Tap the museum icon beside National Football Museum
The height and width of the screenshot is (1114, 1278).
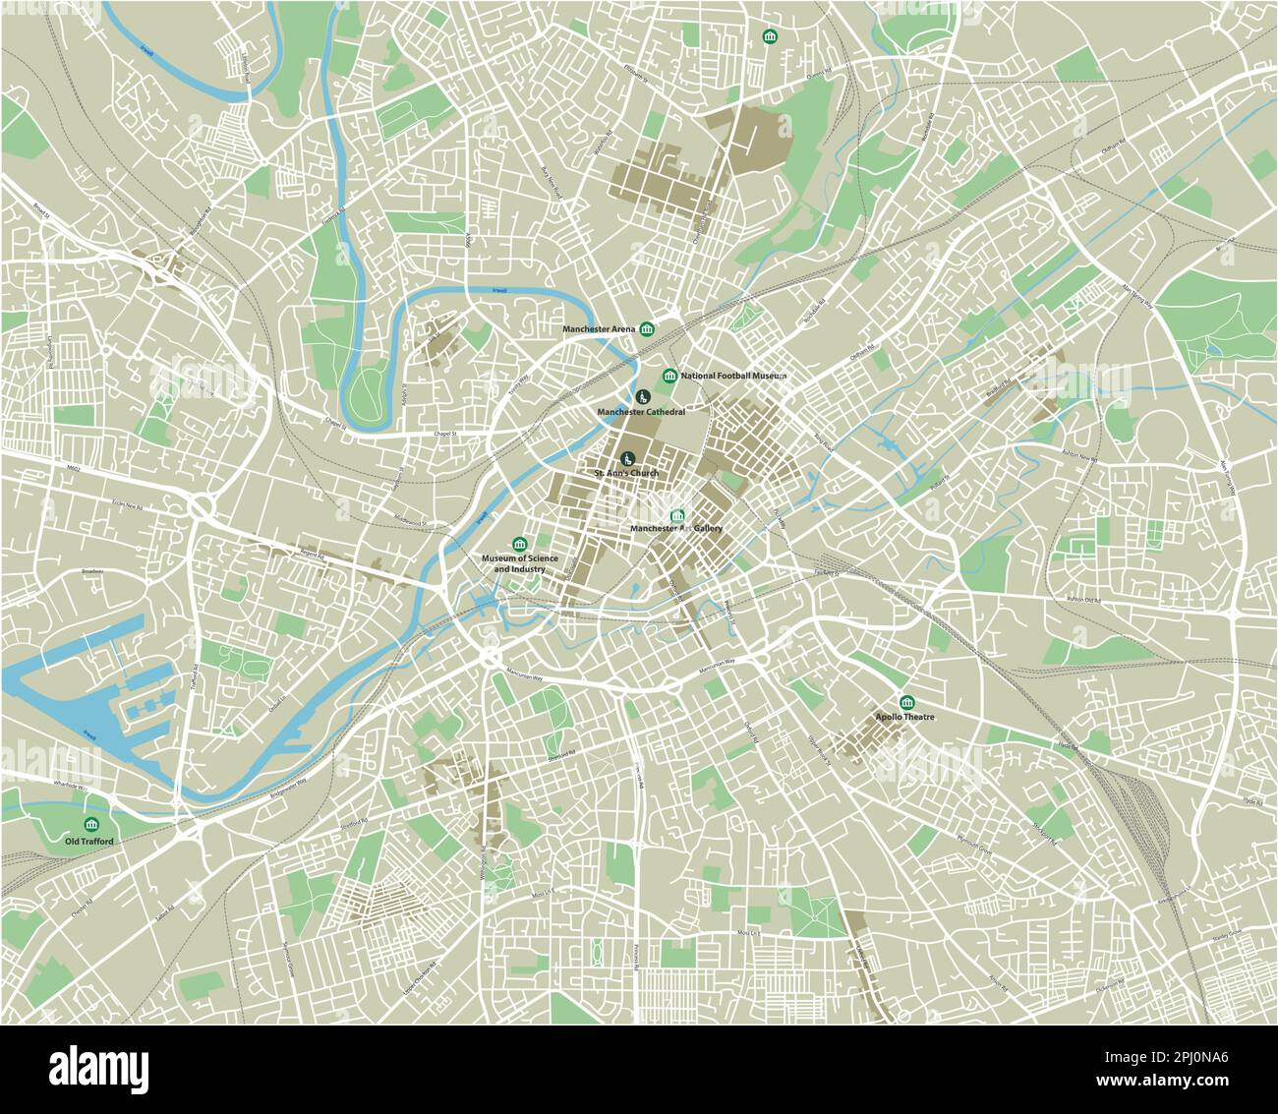[669, 376]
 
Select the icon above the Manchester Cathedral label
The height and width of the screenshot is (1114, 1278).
[642, 396]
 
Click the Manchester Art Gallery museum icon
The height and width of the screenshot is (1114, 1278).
[676, 516]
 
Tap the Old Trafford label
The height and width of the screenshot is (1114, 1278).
[89, 842]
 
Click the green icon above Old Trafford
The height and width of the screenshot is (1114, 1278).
[91, 823]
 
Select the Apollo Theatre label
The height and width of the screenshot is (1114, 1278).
[905, 718]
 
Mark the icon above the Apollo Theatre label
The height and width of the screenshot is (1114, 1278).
[905, 702]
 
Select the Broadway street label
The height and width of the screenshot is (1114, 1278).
[92, 570]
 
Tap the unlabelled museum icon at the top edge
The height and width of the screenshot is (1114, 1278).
[769, 37]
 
